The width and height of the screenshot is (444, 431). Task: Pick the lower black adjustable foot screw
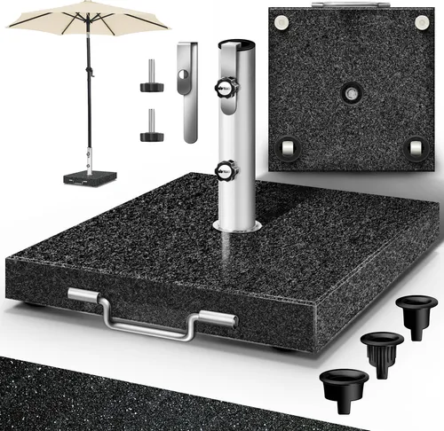(150, 129)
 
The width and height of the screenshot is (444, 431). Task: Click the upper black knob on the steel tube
(221, 89)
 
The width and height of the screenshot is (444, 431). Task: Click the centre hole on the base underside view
(350, 93)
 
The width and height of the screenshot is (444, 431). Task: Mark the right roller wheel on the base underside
(414, 147)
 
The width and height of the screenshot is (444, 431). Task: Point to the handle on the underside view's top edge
(348, 6)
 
